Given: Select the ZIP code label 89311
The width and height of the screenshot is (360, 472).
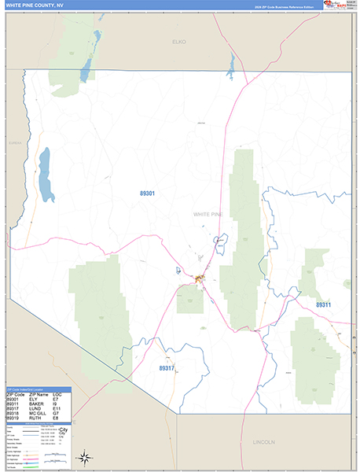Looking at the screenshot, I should click(x=323, y=304).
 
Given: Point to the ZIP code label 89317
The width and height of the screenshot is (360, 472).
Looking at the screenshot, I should click(x=167, y=367).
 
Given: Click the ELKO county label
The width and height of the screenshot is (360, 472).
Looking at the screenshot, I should click(x=179, y=41).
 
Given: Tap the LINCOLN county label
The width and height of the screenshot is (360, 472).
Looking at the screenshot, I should click(x=263, y=442).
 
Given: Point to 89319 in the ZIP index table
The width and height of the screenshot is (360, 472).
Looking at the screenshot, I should click(x=14, y=417).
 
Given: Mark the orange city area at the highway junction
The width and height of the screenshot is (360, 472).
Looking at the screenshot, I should click(x=198, y=279).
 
